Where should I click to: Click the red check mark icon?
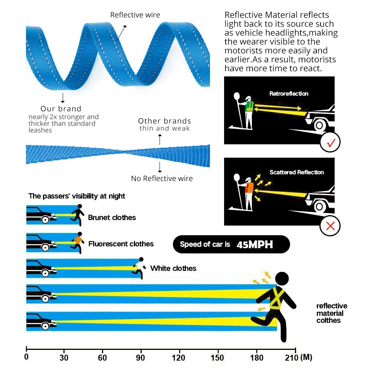click(330, 142)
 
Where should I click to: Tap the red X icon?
click(330, 225)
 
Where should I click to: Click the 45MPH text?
click(255, 244)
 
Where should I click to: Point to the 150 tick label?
click(218, 358)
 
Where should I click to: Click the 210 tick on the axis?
click(295, 349)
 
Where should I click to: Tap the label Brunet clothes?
click(112, 217)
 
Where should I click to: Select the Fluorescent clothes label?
click(121, 244)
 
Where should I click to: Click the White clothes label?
click(173, 268)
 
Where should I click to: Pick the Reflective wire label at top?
click(135, 15)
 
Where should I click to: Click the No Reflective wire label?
click(162, 178)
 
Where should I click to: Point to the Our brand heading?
click(61, 109)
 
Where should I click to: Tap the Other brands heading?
click(164, 121)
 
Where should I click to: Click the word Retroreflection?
click(289, 93)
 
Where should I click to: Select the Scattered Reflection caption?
click(297, 172)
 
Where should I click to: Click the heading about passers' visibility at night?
click(77, 196)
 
